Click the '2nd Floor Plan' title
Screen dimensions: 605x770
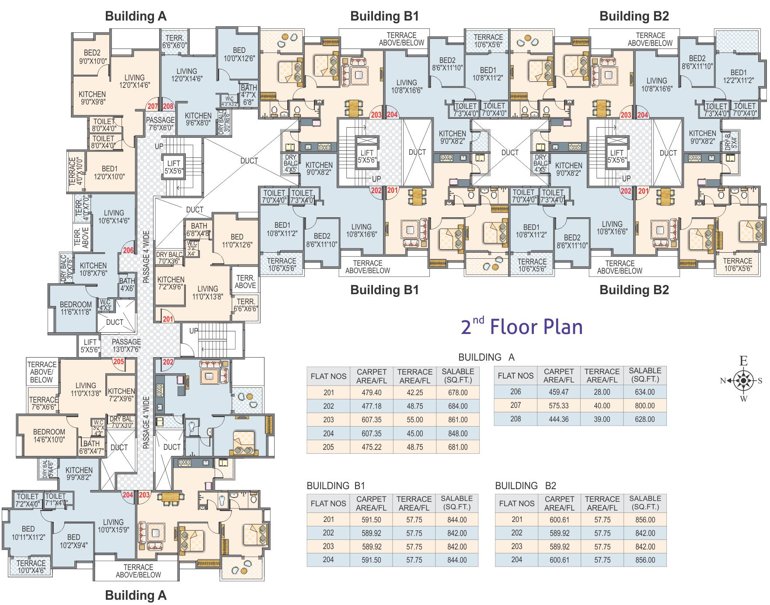tap(522, 327)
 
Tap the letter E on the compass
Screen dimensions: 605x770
tap(743, 361)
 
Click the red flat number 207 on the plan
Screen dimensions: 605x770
tap(153, 106)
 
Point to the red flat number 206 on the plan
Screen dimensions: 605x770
tap(128, 250)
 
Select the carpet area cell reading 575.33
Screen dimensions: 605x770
tap(558, 406)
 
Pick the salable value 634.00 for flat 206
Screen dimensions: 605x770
tap(645, 392)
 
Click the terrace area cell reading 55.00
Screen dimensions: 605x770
tap(415, 420)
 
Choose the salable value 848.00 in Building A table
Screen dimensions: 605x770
tap(457, 434)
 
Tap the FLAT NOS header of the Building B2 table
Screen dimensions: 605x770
tap(516, 503)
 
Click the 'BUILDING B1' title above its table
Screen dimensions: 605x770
tap(335, 486)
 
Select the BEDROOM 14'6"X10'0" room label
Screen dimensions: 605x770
tap(49, 436)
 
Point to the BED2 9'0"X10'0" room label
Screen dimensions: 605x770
tap(92, 57)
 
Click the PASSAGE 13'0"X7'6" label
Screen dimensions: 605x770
tap(126, 345)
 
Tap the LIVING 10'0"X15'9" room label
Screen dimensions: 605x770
tap(113, 526)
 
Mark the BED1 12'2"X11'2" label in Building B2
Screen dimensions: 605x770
tap(738, 76)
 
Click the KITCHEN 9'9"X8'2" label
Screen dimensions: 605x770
tap(79, 473)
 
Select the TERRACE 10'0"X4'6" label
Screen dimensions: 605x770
tap(31, 567)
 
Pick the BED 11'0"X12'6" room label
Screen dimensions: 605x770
tap(237, 240)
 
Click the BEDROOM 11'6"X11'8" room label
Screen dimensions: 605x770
tap(76, 308)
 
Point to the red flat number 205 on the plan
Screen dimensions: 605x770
tap(118, 362)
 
